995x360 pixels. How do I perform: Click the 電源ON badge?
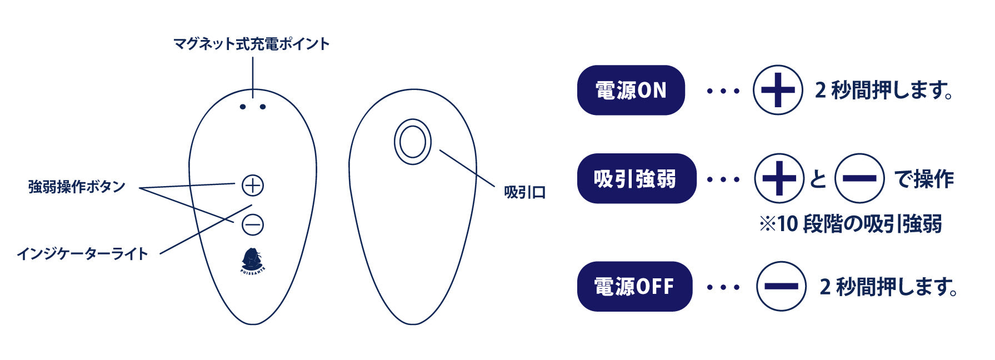631,90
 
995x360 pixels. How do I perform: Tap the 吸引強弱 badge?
636,178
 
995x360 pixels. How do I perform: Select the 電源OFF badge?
634,287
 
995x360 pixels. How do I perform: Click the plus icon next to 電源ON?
777,90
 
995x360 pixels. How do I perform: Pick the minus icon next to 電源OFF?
781,287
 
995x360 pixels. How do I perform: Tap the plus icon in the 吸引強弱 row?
779,178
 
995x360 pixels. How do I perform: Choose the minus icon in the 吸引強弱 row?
859,178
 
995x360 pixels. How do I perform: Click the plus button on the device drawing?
253,186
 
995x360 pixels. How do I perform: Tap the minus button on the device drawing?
253,225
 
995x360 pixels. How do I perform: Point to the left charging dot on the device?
243,107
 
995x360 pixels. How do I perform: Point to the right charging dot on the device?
263,107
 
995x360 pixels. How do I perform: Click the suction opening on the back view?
413,142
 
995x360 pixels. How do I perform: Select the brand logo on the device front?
253,260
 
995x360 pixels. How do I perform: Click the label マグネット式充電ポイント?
252,44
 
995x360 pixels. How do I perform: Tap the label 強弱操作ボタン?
77,187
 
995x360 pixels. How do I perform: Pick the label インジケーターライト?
83,254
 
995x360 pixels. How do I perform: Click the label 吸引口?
524,193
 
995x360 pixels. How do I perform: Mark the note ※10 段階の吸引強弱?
851,224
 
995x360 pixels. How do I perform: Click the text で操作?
923,179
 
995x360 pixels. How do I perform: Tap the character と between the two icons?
818,179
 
